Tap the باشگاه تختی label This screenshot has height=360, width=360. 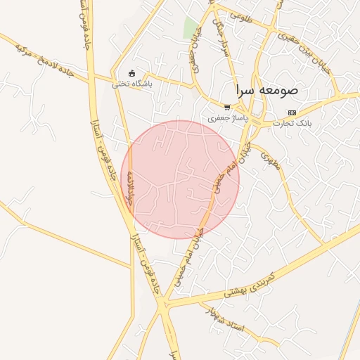click(x=132, y=84)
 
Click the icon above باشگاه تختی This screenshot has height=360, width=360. click(x=131, y=73)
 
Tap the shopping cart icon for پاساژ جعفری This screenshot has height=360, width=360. click(x=226, y=108)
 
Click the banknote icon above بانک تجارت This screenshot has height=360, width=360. click(x=292, y=112)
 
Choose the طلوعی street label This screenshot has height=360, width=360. click(x=240, y=15)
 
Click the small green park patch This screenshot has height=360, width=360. click(x=190, y=27)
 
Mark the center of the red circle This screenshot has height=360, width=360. click(x=180, y=179)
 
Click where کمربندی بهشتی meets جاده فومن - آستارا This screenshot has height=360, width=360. click(x=164, y=304)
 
